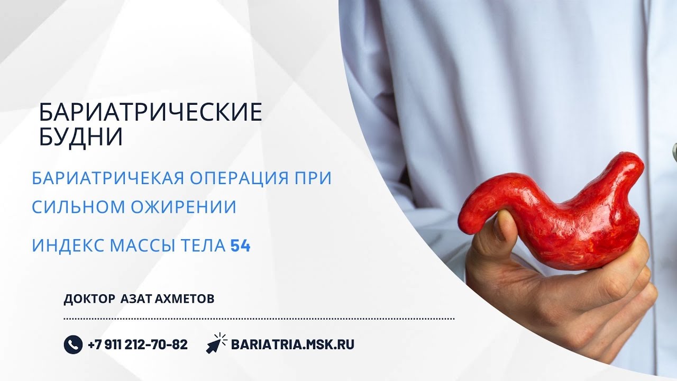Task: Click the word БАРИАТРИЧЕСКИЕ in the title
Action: (151, 113)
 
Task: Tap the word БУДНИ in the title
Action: (81, 137)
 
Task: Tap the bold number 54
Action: (240, 246)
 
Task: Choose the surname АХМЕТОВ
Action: (185, 299)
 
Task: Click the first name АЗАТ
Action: (136, 299)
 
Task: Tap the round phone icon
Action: (73, 344)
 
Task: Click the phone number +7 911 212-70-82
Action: (138, 344)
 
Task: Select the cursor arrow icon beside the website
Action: (216, 343)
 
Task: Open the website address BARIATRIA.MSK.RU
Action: (292, 344)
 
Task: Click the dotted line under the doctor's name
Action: (259, 319)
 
